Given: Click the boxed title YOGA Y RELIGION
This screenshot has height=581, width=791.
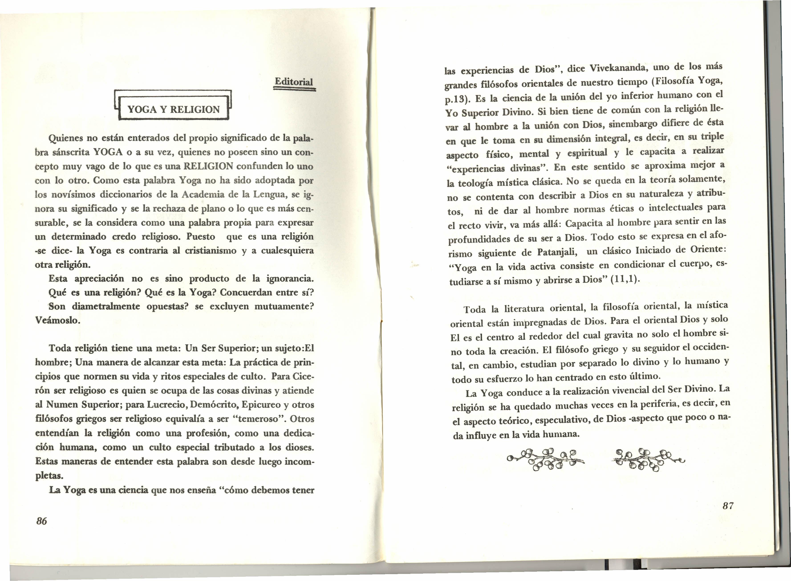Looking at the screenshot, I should (173, 109).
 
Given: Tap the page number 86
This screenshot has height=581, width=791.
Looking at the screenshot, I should (41, 521).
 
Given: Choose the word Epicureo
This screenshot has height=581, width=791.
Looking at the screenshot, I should (260, 405).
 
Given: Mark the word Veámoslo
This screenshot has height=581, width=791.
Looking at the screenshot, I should (58, 321).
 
